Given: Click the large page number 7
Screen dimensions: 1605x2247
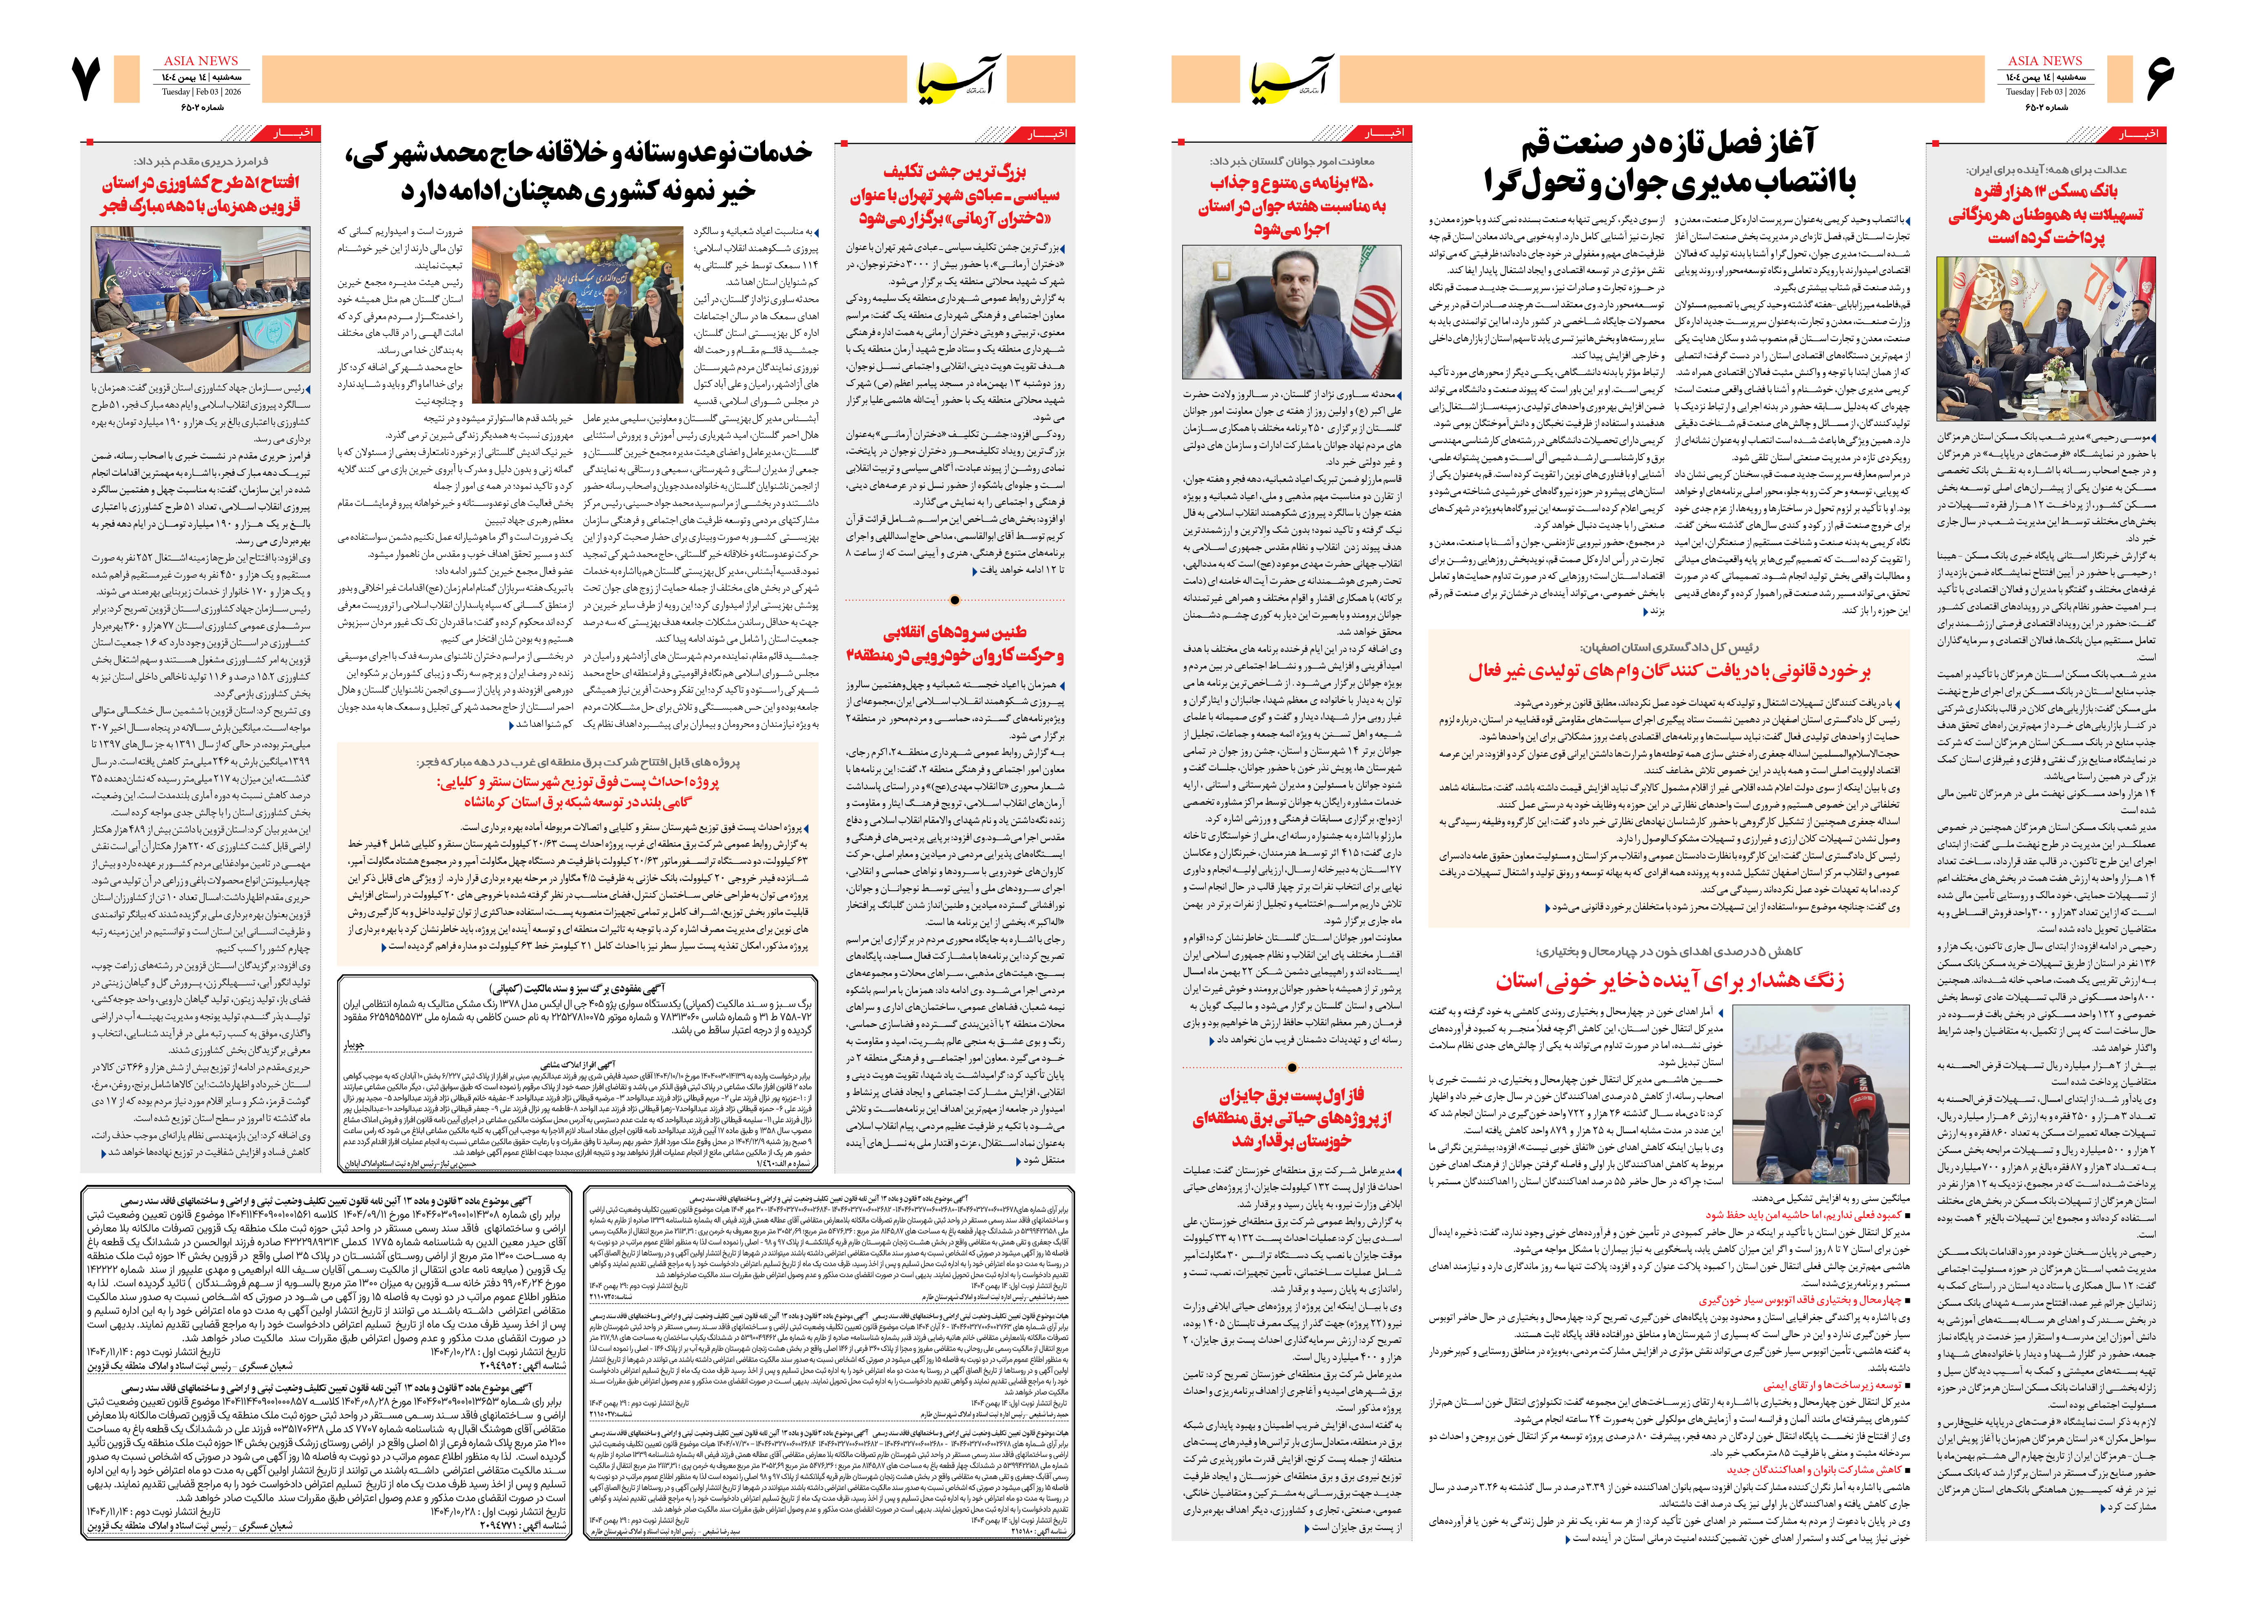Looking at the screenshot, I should (x=87, y=79).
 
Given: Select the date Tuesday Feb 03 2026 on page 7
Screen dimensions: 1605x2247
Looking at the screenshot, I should (x=201, y=92).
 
